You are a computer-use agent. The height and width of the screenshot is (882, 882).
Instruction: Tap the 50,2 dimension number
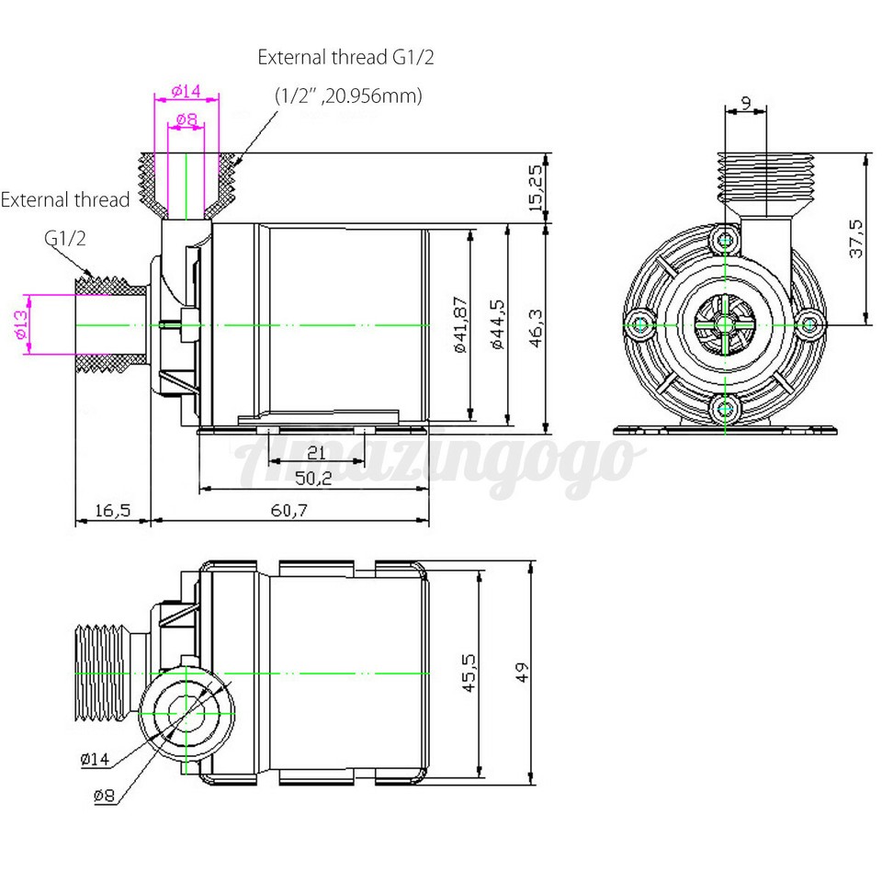[314, 478]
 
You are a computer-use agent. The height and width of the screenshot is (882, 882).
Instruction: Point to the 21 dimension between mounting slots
[316, 452]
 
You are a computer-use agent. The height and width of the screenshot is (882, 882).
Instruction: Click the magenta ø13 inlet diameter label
[20, 324]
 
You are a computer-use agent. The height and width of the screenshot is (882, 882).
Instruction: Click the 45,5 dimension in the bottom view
[469, 673]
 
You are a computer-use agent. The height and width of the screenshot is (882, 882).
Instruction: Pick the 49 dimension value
[522, 673]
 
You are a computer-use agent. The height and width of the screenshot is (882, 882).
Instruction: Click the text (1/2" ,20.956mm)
[349, 96]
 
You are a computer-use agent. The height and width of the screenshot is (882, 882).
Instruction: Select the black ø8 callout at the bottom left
[104, 796]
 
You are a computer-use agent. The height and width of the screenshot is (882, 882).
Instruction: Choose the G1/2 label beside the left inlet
[66, 239]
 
